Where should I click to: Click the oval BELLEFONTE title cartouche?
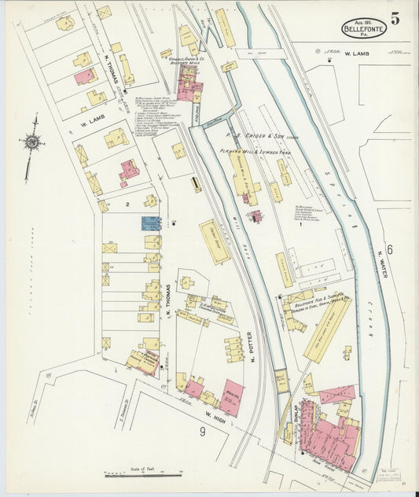coord(364,28)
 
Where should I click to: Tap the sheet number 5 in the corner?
coord(395,20)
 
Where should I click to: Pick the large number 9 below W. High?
coord(201,431)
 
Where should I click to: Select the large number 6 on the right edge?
coord(389,248)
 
